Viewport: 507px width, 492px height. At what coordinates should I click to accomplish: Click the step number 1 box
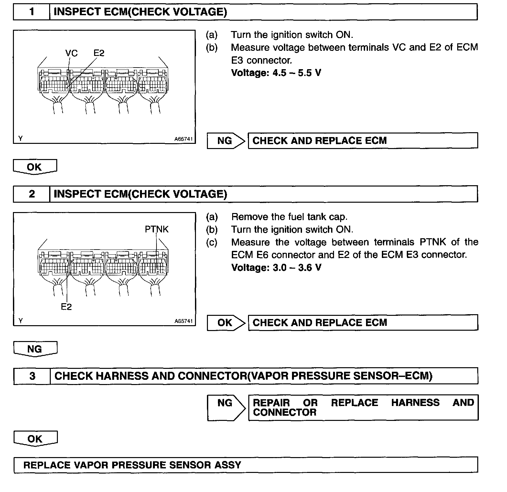(32, 12)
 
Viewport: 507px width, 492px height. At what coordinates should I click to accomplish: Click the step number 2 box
(32, 194)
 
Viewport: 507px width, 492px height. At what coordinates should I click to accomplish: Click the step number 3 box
(32, 376)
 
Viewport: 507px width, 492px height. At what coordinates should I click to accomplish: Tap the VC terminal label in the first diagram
(71, 53)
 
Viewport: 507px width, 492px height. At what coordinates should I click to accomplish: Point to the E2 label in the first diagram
(99, 53)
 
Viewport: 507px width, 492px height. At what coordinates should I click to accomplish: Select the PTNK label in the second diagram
(156, 229)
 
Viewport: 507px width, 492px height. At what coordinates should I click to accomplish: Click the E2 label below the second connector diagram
(66, 307)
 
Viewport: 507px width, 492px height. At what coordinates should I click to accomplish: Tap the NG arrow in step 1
(225, 141)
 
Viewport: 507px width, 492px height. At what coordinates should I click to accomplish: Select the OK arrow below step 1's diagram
(35, 167)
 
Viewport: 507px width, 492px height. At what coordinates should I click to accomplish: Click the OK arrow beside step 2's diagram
(225, 323)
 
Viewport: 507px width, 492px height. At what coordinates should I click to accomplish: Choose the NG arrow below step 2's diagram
(35, 349)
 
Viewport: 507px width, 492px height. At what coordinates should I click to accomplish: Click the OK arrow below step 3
(35, 439)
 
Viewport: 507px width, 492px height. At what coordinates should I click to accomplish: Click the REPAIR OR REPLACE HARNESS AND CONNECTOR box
(363, 407)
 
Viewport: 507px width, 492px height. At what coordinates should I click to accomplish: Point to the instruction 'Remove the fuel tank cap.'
(289, 217)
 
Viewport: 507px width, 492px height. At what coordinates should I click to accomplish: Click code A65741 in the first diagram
(183, 139)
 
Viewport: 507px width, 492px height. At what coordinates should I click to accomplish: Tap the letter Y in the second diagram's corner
(21, 321)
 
